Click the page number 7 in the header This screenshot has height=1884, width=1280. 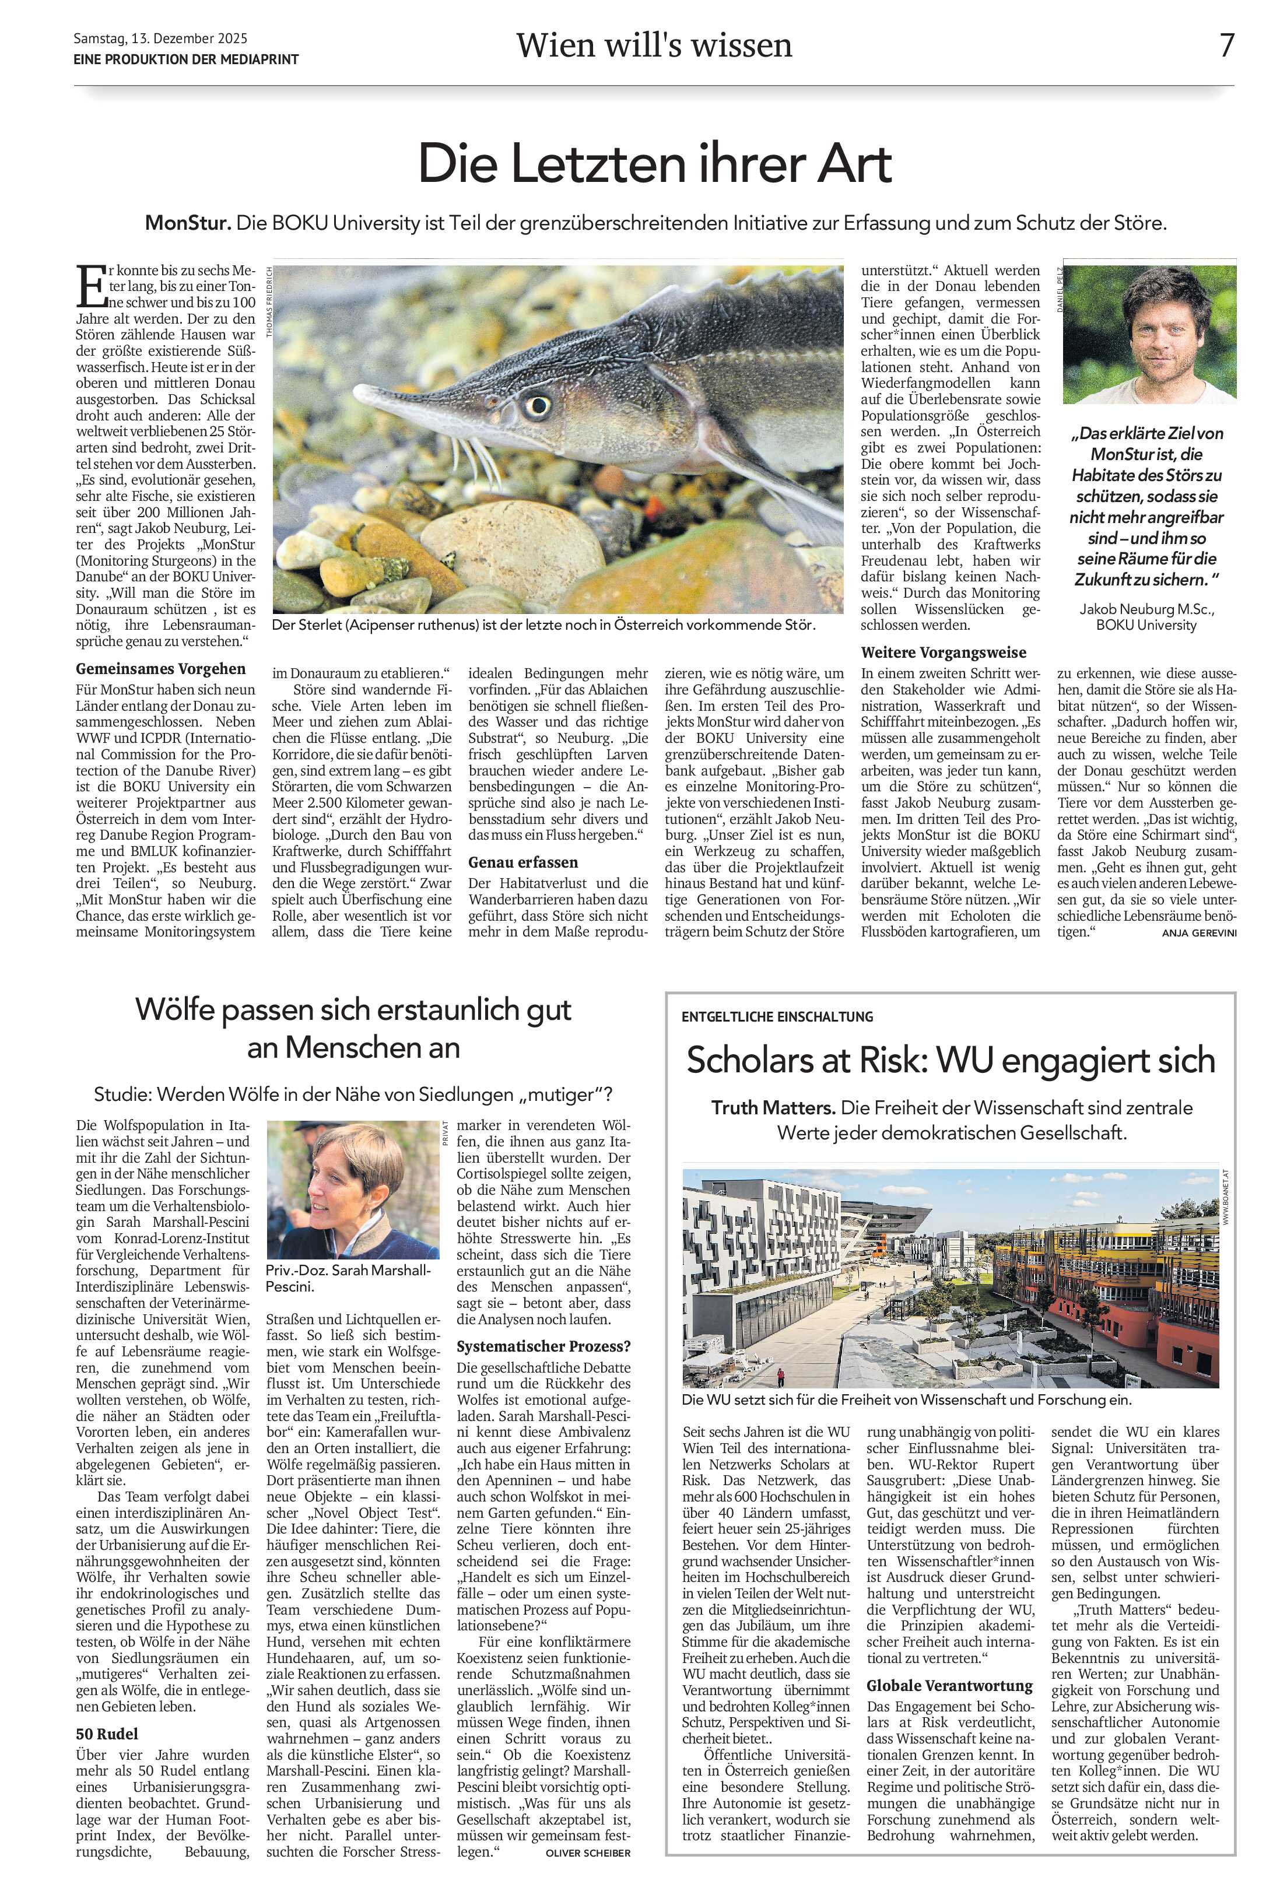(x=1226, y=45)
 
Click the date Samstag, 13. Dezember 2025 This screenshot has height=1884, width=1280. (x=160, y=38)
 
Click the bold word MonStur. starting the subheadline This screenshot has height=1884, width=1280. (x=188, y=223)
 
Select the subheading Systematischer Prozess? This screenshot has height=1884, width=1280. (x=543, y=1346)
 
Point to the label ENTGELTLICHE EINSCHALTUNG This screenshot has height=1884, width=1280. (x=777, y=1016)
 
